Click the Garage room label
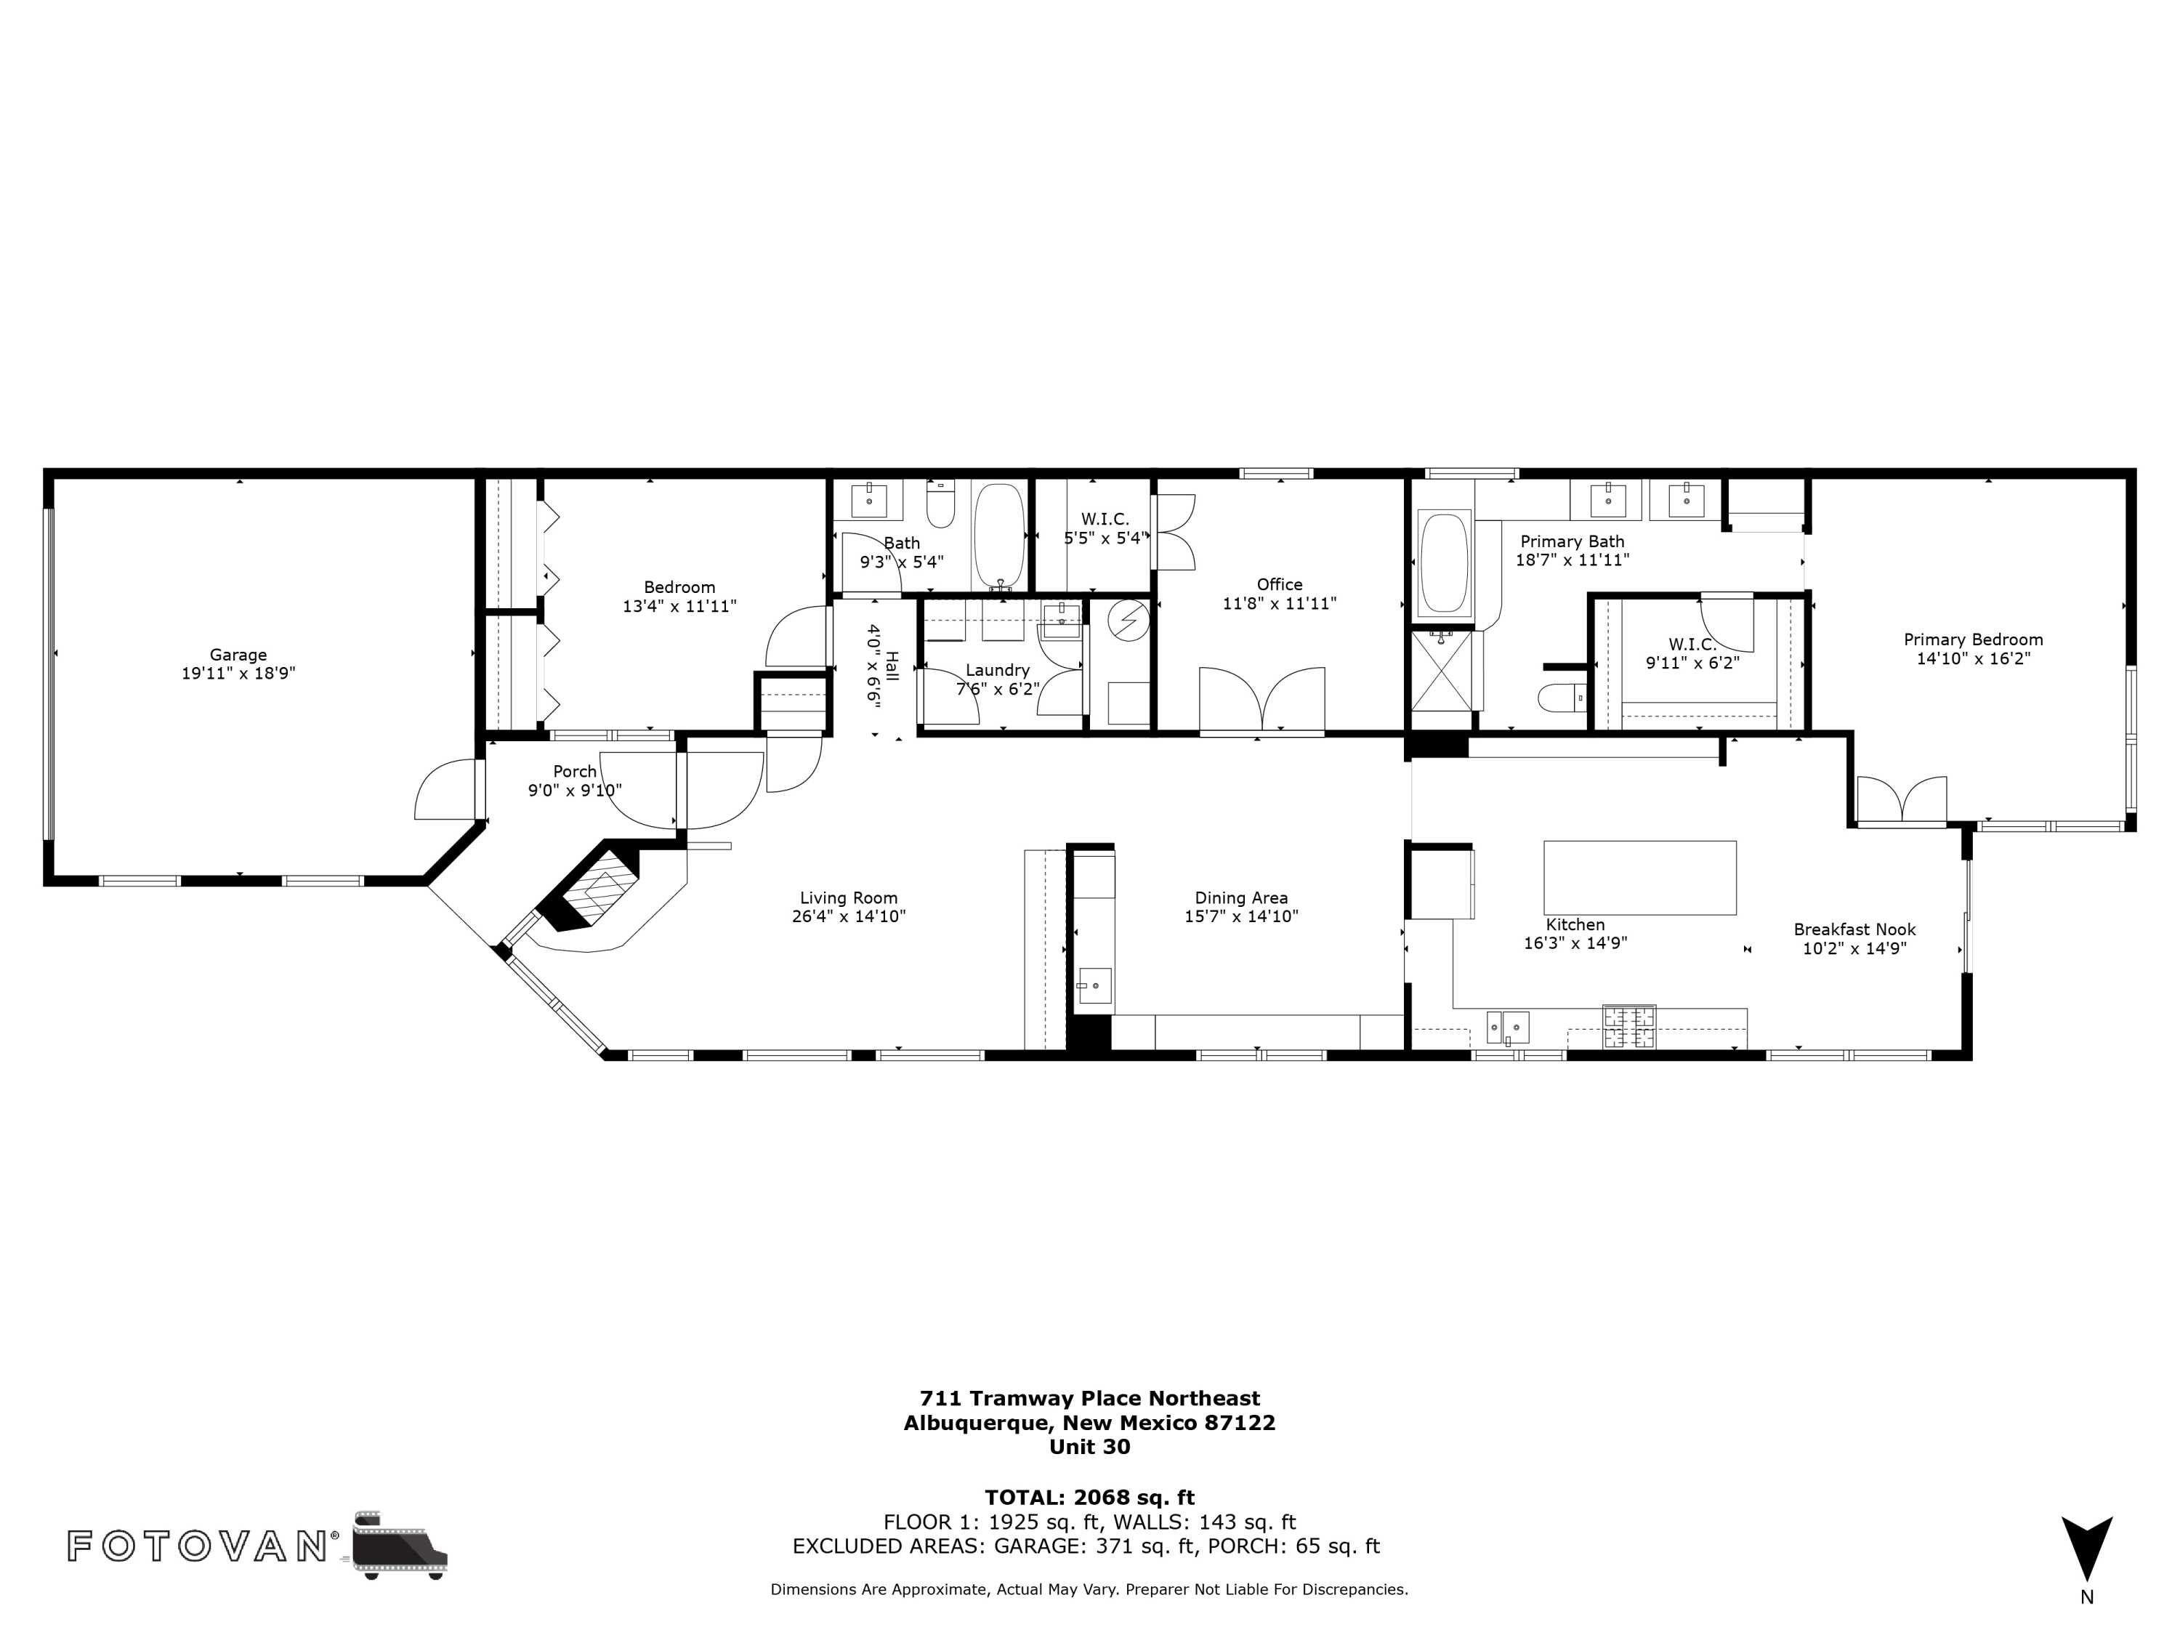tap(238, 655)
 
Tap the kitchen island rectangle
tap(1639, 877)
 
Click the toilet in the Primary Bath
tap(1563, 697)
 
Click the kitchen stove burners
tap(1628, 1026)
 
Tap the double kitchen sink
tap(1508, 1027)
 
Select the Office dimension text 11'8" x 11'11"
tap(1279, 603)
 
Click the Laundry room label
tap(998, 670)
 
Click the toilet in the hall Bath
tap(941, 504)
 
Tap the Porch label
tap(575, 772)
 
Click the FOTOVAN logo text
tap(197, 1546)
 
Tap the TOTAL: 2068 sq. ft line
tap(1089, 1498)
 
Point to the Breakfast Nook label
tap(1854, 929)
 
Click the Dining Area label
tap(1241, 898)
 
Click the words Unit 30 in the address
tap(1089, 1447)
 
